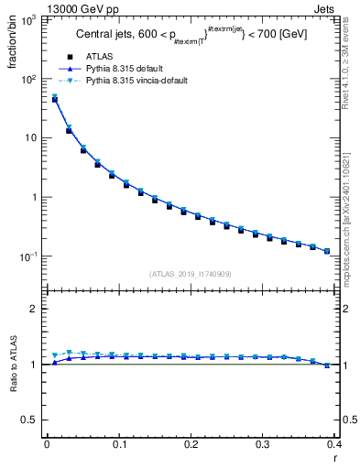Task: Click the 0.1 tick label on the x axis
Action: (118, 444)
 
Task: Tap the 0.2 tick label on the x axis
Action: (191, 444)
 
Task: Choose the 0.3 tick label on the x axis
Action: (262, 444)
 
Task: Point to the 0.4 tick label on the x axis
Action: (333, 444)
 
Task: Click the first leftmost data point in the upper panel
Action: (55, 99)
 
